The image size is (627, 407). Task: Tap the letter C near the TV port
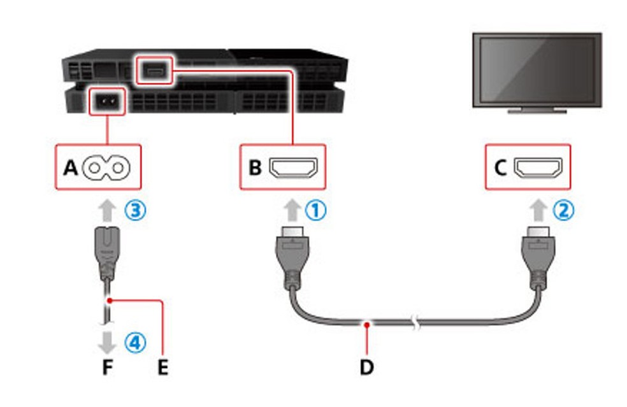501,168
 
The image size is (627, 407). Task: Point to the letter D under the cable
368,368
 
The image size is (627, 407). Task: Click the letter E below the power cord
163,368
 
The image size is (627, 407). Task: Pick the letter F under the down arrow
107,368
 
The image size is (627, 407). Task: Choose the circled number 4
135,343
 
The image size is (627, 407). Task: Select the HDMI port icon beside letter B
294,168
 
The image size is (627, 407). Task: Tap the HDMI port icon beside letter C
539,168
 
